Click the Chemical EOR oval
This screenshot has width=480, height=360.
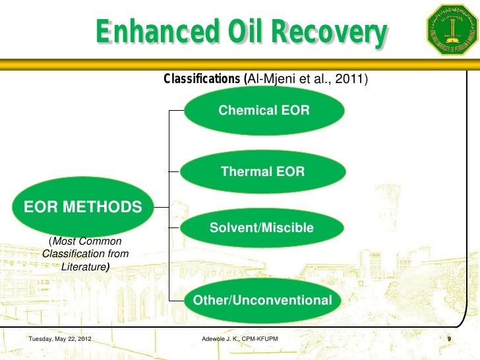click(x=264, y=111)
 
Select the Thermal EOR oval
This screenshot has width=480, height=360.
click(x=262, y=172)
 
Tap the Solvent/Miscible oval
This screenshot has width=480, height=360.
click(x=262, y=228)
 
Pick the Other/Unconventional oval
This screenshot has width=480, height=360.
click(x=262, y=301)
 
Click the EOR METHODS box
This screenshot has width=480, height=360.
click(x=83, y=208)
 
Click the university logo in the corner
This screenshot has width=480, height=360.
click(x=451, y=29)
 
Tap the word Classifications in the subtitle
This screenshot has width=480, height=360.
click(x=202, y=79)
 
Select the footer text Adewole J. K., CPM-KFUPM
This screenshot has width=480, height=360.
click(x=239, y=339)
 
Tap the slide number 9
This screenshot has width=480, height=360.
click(x=448, y=339)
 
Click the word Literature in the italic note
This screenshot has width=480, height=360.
click(x=84, y=267)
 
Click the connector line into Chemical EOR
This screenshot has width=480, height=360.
click(x=177, y=111)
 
